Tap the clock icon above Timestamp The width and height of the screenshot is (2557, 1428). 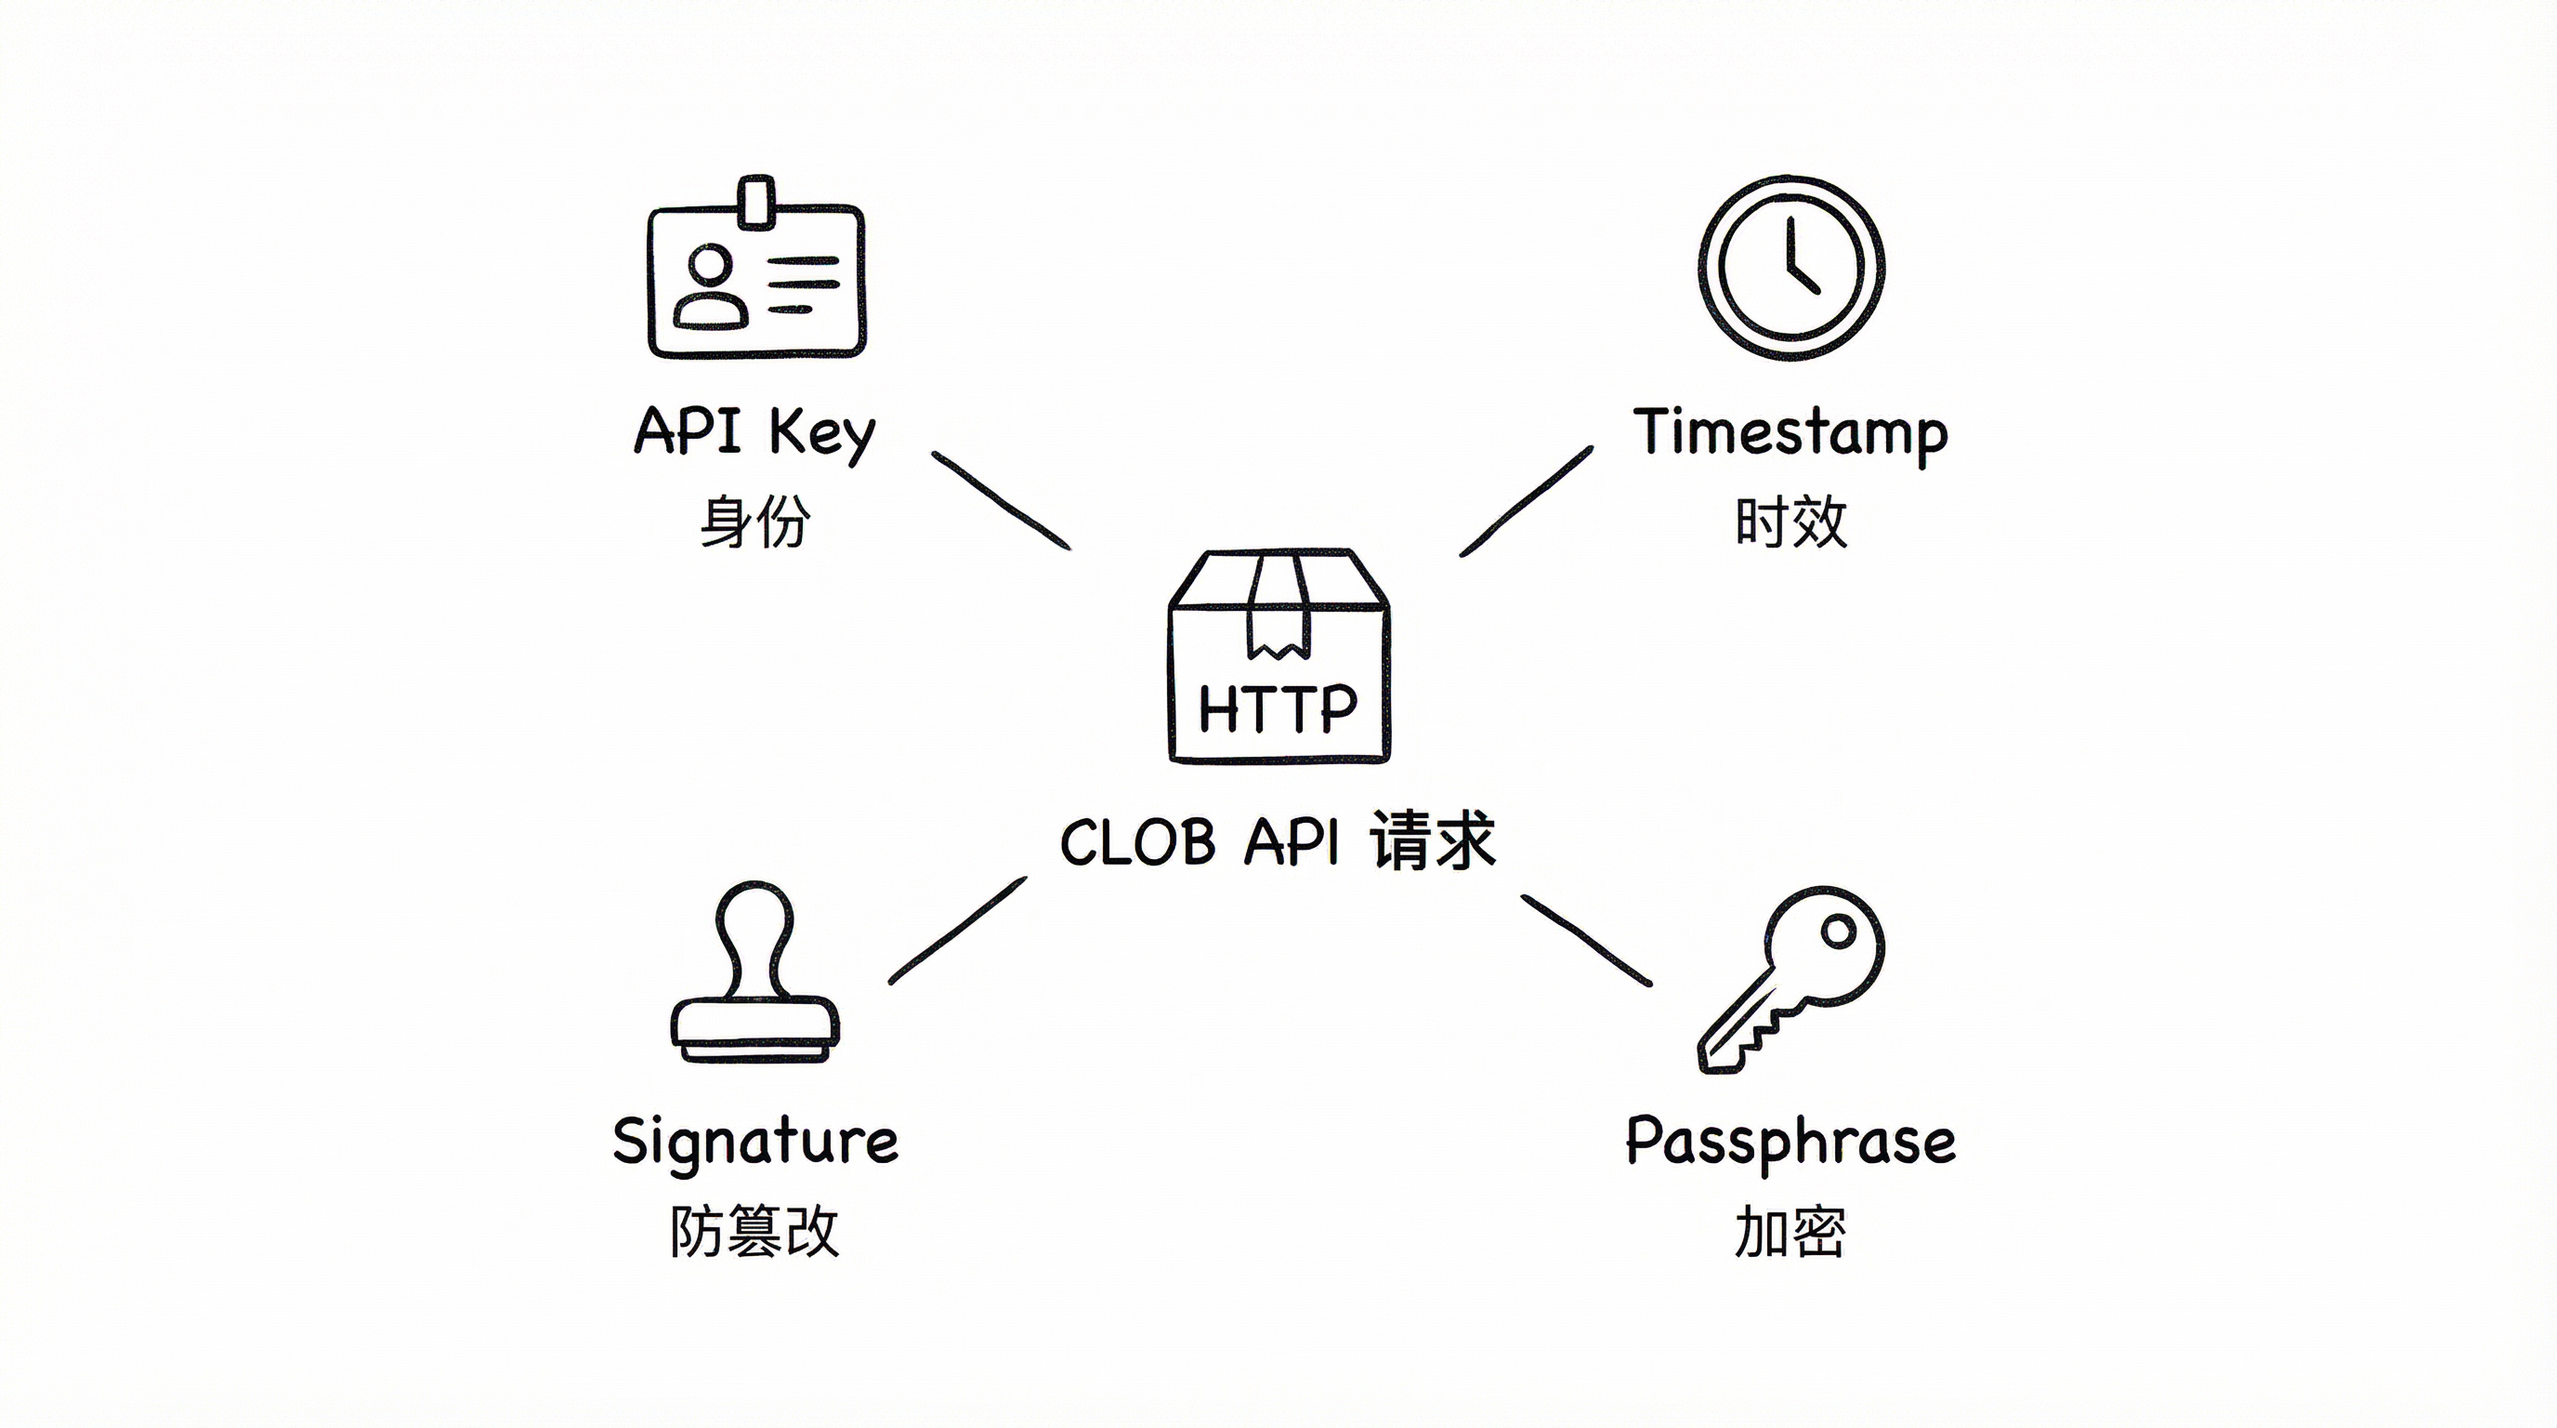point(1790,268)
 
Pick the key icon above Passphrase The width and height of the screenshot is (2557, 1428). point(1792,978)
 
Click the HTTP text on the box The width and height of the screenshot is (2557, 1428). point(1278,709)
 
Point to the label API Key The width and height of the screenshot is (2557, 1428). point(754,432)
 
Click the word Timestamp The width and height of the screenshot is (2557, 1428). point(1790,434)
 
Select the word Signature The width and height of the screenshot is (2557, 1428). point(755,1142)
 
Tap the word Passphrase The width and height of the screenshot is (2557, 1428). point(1790,1142)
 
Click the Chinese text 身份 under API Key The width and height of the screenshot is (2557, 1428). point(754,522)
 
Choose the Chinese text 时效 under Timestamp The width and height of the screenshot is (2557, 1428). point(1790,522)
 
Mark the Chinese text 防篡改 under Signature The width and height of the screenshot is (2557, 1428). point(754,1232)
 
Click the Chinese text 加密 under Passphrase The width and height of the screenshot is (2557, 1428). point(1790,1232)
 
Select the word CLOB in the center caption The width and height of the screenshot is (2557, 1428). point(1137,844)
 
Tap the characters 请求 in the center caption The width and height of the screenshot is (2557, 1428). point(1433,842)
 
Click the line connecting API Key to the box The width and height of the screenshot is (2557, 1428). point(1001,500)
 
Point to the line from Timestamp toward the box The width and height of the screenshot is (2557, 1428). point(1526,501)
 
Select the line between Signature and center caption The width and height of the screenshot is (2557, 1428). point(957,931)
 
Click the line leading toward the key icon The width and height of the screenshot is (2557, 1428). point(1586,941)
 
